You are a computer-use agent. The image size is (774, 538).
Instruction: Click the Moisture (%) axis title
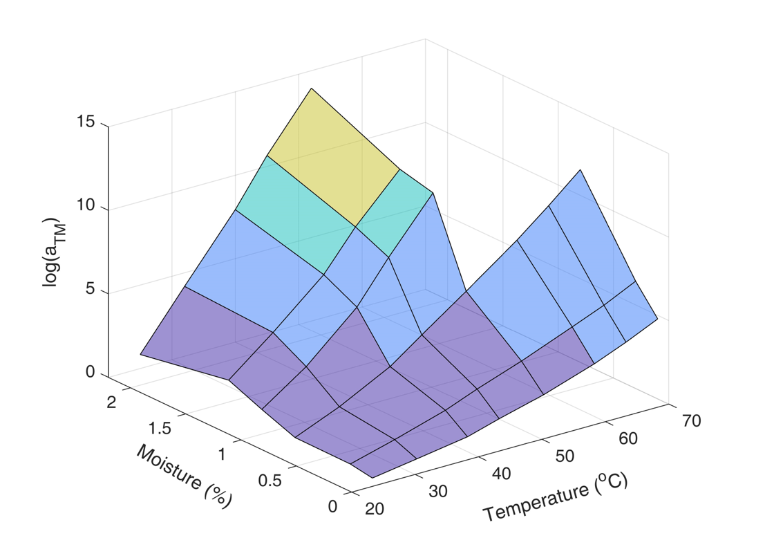(x=183, y=475)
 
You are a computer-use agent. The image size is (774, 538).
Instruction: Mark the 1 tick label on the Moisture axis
(x=223, y=454)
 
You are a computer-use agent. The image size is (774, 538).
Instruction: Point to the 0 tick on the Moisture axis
(x=334, y=506)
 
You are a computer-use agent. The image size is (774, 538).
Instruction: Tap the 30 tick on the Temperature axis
(x=436, y=492)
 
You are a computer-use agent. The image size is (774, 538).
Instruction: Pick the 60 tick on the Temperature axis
(x=626, y=438)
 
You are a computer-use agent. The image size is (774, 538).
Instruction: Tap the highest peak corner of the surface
(x=312, y=89)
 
